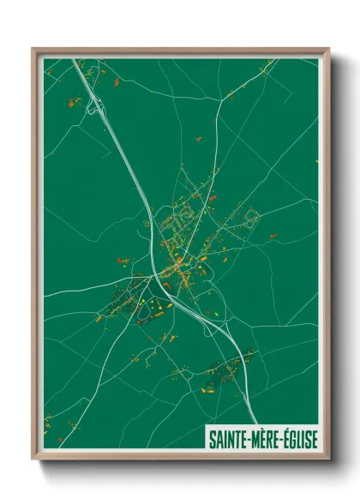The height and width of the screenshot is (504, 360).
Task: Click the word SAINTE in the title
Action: (x=229, y=439)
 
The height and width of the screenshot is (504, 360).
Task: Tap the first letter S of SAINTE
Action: (x=212, y=439)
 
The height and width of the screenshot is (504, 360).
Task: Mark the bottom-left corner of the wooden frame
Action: (x=33, y=459)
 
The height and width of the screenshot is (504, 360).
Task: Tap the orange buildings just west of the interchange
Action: (x=75, y=102)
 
